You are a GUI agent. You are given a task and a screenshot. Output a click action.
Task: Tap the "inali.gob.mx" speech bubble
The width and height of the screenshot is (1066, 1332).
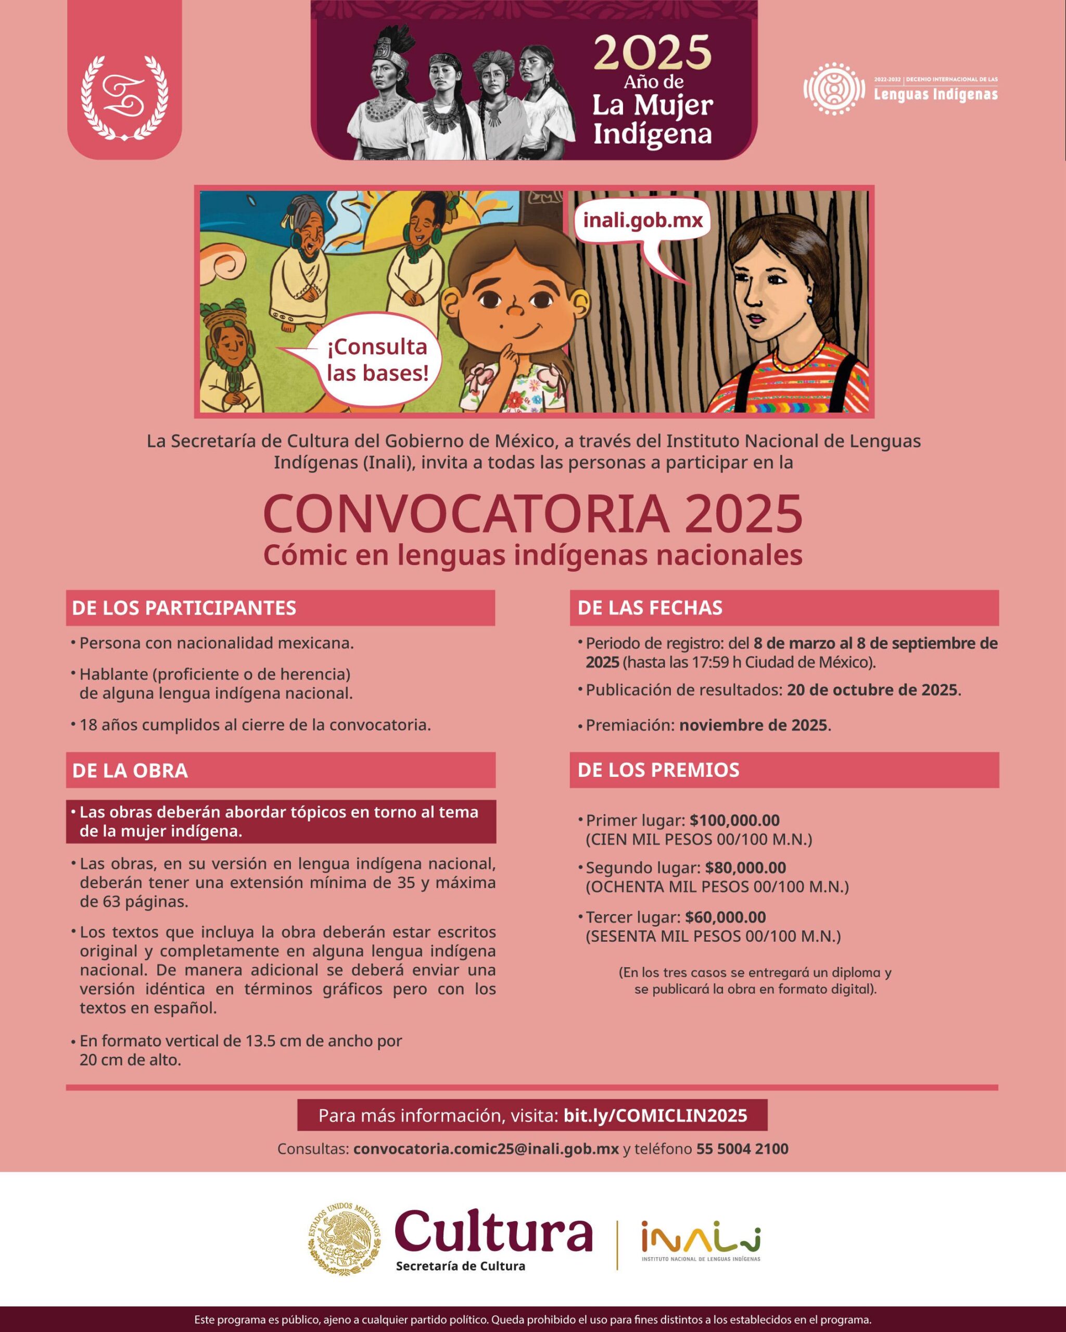pos(643,220)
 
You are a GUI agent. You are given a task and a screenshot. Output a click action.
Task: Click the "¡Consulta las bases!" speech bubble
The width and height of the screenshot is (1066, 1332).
pos(377,360)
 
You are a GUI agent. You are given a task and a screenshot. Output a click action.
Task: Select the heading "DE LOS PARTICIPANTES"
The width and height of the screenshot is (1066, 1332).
pos(184,608)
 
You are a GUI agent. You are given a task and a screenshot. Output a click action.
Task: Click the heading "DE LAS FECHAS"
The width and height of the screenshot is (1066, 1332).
pos(650,608)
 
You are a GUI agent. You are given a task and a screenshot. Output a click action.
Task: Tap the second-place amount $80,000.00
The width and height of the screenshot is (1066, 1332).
pos(745,868)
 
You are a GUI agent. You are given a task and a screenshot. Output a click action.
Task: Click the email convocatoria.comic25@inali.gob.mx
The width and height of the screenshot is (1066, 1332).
pos(486,1149)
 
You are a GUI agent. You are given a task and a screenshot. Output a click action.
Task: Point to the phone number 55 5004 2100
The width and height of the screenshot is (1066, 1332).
pos(742,1149)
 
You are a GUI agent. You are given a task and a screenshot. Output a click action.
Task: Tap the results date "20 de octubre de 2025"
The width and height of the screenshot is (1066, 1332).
pos(872,690)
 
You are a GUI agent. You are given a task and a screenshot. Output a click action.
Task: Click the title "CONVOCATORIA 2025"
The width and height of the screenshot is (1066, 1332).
pos(532,515)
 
